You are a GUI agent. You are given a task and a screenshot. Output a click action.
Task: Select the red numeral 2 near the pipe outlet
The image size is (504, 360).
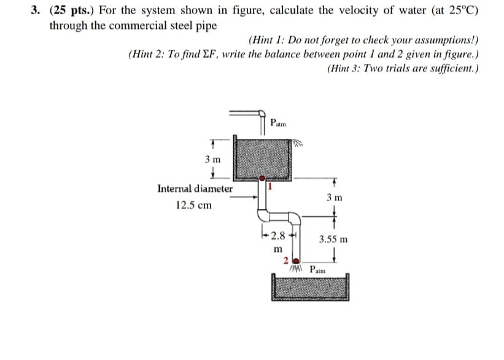tap(286, 260)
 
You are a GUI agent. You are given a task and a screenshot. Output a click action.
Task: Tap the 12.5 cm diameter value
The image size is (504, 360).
tap(193, 205)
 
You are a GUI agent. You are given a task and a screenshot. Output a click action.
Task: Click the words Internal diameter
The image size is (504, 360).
tap(195, 189)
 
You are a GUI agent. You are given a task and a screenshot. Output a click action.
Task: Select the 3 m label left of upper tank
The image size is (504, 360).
tap(212, 159)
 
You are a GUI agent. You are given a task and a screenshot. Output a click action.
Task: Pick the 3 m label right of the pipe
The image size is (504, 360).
tap(335, 197)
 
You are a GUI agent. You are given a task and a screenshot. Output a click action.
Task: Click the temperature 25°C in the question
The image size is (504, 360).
tap(462, 11)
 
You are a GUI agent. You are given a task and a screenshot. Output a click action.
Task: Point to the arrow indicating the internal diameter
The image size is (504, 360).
tap(249, 197)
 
